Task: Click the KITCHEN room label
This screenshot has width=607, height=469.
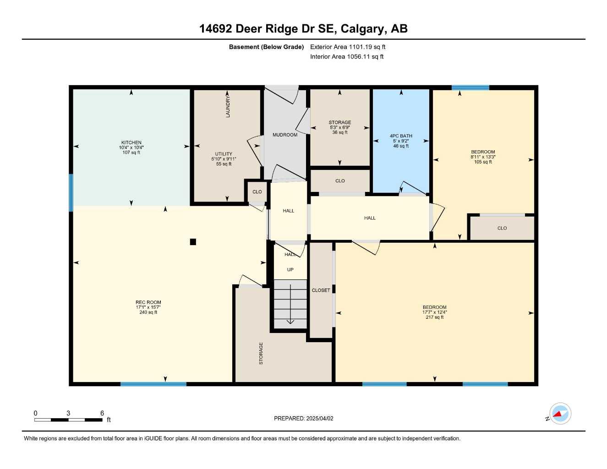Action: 131,142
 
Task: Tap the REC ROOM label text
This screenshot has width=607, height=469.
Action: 148,302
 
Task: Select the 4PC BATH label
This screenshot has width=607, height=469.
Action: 401,136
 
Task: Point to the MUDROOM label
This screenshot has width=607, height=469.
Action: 285,135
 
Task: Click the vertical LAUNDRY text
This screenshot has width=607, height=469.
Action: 228,106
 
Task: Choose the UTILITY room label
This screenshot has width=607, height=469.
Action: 224,154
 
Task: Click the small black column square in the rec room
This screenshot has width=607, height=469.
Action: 193,242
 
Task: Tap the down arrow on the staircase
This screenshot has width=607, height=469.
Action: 290,320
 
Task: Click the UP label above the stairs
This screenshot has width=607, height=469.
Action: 290,270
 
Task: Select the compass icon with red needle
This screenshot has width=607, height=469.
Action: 560,414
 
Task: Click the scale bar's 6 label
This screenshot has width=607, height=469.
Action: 102,413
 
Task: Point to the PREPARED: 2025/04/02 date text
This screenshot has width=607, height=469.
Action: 304,418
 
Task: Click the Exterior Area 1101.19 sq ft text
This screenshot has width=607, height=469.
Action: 348,47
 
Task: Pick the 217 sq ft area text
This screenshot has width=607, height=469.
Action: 434,317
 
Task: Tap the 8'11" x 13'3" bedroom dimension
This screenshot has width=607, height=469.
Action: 483,157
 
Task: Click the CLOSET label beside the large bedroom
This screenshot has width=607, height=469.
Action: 321,290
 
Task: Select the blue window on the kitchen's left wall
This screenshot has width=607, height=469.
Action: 71,192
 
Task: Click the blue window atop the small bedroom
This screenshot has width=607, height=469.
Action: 470,87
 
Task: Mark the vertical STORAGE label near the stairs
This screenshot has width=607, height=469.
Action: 261,353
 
